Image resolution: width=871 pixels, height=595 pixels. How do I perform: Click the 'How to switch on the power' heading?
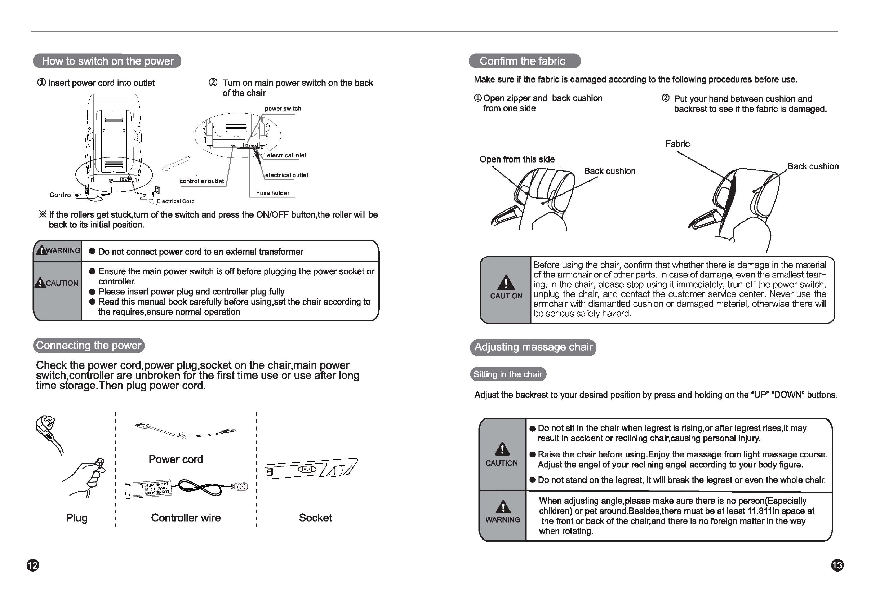coord(107,61)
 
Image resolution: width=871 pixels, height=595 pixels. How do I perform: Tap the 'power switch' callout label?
coord(283,109)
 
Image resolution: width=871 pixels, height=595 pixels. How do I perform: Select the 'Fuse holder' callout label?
coord(272,193)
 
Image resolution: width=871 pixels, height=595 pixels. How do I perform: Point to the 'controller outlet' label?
coord(202,181)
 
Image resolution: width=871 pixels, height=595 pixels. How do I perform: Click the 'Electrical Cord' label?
coord(175,201)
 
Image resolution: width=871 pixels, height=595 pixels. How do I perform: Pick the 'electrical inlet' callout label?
coord(287,156)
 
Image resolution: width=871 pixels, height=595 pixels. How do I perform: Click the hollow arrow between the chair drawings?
coord(176,164)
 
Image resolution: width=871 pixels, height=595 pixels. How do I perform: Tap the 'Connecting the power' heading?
coord(89,345)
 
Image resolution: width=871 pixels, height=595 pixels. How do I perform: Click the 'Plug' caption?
coord(77,518)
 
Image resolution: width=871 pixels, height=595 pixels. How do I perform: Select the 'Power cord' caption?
coord(176,459)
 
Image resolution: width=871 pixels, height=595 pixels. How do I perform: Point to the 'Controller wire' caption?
coord(186,518)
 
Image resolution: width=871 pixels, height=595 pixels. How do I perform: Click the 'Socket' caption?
coord(315,518)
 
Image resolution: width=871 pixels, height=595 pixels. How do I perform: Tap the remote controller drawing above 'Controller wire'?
coord(148,489)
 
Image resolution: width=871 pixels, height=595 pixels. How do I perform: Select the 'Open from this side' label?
coord(517,159)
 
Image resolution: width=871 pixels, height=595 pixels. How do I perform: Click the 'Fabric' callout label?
coord(677,144)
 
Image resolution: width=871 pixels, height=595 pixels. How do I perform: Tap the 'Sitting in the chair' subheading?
coord(508,374)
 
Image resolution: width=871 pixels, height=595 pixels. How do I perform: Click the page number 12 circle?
coord(33,565)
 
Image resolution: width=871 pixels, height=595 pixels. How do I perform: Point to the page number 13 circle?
coord(837,565)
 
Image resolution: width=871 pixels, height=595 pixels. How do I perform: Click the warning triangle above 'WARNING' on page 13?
coord(503,507)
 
